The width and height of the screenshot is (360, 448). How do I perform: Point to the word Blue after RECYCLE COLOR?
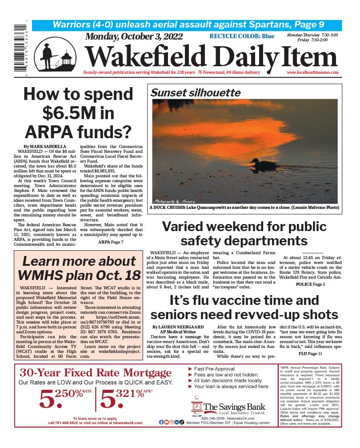[x=268, y=36]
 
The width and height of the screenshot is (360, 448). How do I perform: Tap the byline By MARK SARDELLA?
[x=39, y=147]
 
